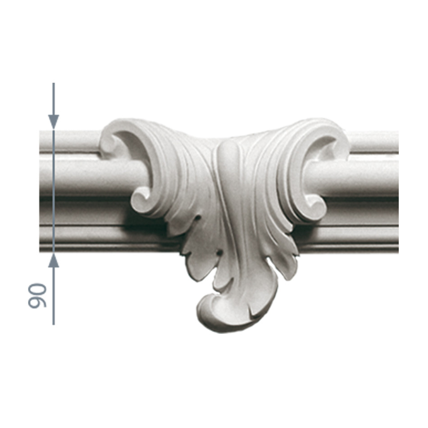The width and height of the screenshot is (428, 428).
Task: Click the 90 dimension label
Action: (37, 296)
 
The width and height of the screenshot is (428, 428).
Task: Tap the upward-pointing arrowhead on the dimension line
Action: (54, 260)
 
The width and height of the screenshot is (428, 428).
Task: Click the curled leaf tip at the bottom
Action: (216, 314)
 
